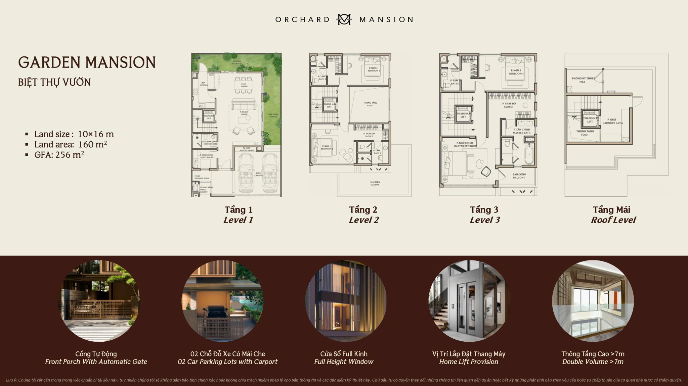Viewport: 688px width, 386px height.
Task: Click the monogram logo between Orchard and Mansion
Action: pos(344,19)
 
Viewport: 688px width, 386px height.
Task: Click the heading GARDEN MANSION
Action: pos(87,62)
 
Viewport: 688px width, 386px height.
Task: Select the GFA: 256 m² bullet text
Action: pos(59,155)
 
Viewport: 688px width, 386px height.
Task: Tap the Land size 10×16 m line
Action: pos(74,134)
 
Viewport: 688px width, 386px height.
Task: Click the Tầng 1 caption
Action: pos(238,210)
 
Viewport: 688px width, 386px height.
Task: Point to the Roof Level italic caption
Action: pos(613,220)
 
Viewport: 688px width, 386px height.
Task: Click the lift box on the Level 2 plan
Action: pos(329,105)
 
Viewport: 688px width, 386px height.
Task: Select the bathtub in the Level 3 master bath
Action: pos(529,154)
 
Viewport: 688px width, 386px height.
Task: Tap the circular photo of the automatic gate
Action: pos(99,301)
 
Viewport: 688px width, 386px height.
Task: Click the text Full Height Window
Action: pos(344,362)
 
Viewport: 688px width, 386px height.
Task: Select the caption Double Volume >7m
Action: pos(593,362)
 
